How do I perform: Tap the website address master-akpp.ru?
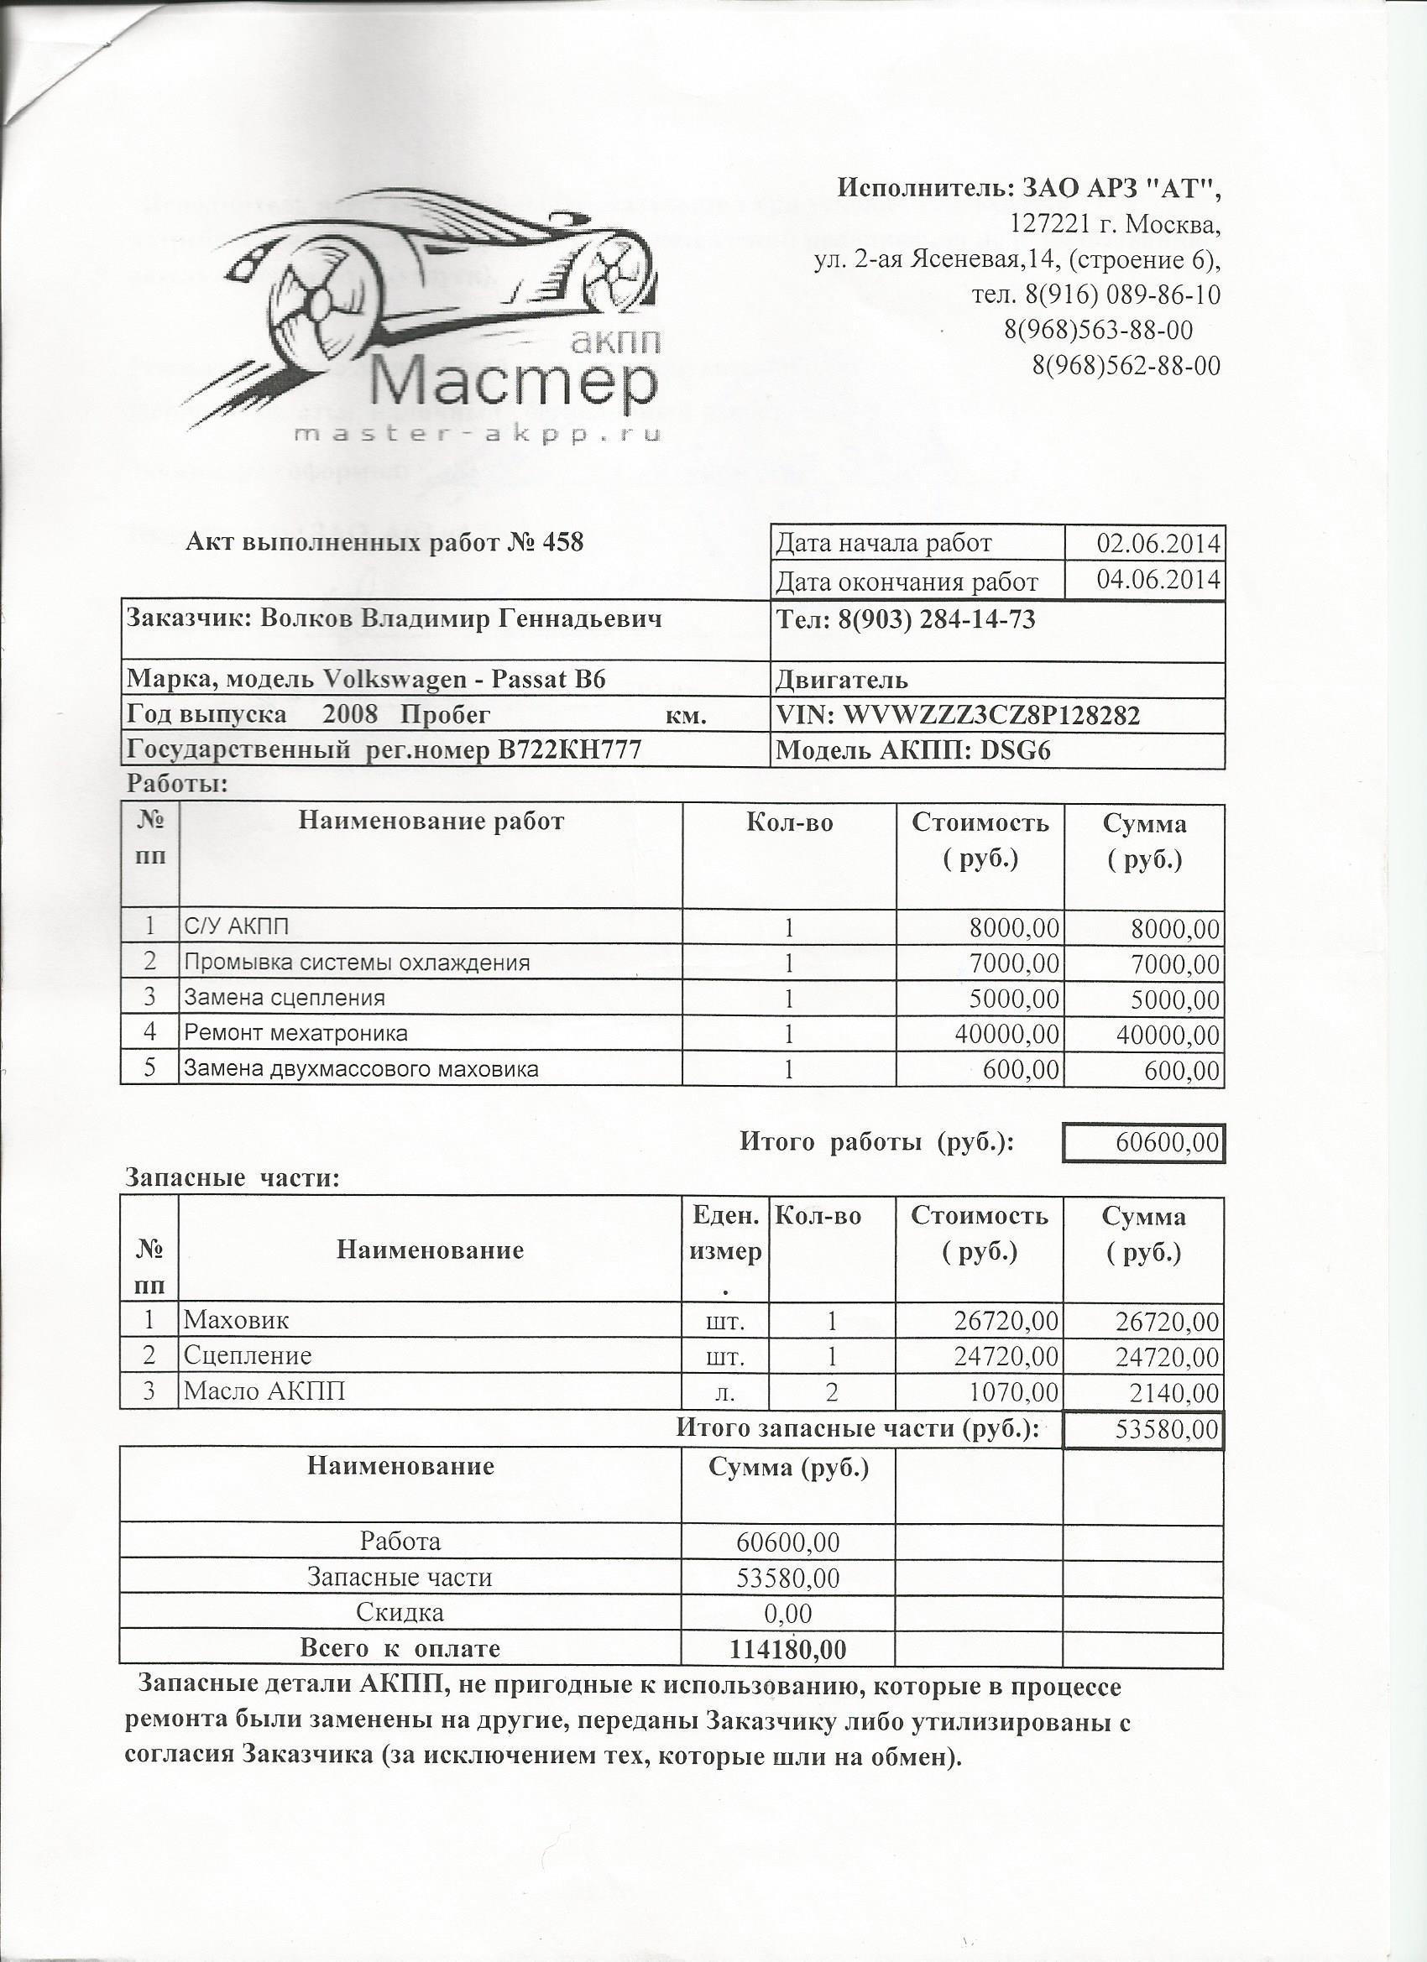point(478,436)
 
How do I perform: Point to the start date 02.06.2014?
point(1158,543)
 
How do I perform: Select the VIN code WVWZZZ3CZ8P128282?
point(991,716)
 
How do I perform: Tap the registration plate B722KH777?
point(567,750)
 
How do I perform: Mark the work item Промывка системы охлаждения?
point(356,963)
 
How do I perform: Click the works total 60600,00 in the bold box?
point(1167,1144)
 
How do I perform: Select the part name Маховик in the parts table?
point(235,1321)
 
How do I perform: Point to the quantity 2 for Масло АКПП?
point(832,1392)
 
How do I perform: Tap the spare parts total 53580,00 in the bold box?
point(1166,1430)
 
